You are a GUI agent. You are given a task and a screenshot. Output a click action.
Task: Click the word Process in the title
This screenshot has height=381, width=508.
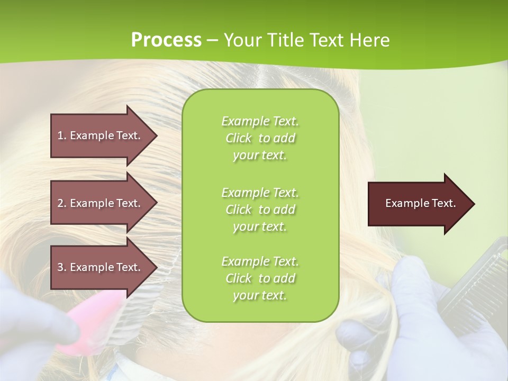pyautogui.click(x=166, y=40)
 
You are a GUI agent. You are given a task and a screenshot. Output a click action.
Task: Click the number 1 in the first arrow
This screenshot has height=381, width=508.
pyautogui.click(x=60, y=135)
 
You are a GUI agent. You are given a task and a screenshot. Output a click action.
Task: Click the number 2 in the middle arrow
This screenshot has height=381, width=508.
pyautogui.click(x=60, y=203)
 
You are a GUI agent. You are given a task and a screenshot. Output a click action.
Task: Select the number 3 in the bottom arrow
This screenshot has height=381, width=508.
pyautogui.click(x=60, y=267)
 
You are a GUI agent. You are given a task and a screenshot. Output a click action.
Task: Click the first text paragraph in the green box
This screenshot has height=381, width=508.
pyautogui.click(x=260, y=138)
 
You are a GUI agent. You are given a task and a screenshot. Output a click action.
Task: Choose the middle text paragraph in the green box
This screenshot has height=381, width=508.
pyautogui.click(x=260, y=209)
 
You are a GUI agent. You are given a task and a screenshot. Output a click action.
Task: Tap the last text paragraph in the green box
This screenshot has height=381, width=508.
pyautogui.click(x=260, y=278)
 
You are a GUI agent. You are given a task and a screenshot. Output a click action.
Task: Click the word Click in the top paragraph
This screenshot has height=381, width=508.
pyautogui.click(x=239, y=138)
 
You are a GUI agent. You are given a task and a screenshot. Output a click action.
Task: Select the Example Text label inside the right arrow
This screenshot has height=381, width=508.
pyautogui.click(x=420, y=203)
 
